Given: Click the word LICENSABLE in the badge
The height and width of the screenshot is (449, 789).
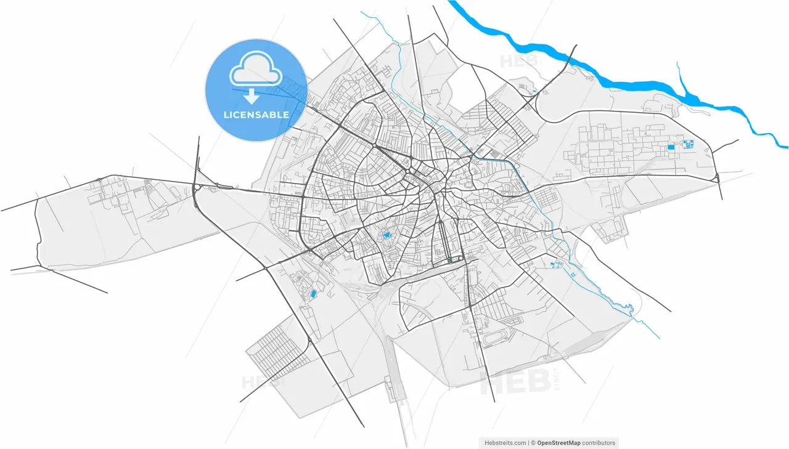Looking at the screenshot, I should (x=256, y=115).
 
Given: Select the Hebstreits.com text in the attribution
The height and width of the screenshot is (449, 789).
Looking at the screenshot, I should (x=505, y=443).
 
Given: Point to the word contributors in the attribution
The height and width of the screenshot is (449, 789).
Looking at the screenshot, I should (x=599, y=443).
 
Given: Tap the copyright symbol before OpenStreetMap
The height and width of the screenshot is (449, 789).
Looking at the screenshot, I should (x=533, y=443).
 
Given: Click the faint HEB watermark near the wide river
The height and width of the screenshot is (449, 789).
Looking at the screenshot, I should (x=520, y=61).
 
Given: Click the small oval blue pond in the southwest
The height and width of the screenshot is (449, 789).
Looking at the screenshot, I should (x=313, y=294).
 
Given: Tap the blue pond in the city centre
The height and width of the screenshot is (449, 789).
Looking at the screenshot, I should (x=387, y=235).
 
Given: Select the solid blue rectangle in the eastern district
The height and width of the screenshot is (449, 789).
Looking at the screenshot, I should (x=671, y=147).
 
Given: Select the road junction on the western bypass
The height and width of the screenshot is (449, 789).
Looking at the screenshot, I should (x=195, y=187).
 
